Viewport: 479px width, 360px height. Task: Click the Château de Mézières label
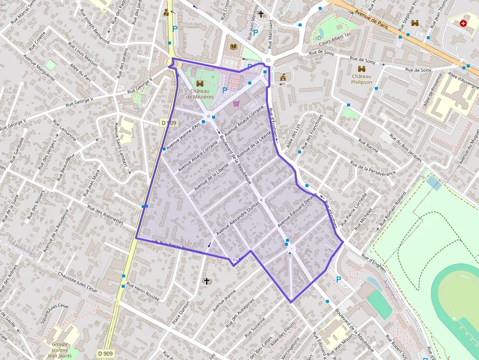click(x=199, y=94)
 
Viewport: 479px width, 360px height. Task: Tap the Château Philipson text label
click(x=362, y=79)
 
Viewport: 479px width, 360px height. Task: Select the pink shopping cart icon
click(x=237, y=104)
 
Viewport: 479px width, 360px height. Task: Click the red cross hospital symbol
click(x=463, y=23)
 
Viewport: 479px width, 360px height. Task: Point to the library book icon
click(x=233, y=47)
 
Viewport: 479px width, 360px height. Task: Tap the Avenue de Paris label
click(x=372, y=19)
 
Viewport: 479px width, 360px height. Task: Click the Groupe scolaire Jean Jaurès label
click(x=60, y=350)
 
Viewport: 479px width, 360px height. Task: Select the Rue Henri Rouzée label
click(x=143, y=292)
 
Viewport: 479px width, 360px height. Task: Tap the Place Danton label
click(x=181, y=313)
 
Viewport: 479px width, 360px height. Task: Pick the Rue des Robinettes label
click(x=105, y=214)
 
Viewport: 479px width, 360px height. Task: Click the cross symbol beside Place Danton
click(x=207, y=281)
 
